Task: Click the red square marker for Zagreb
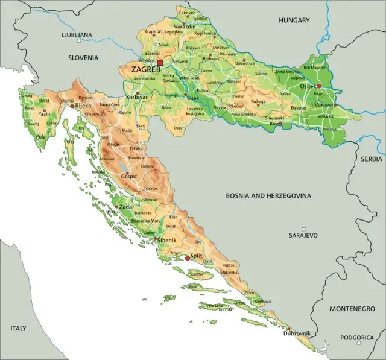[160, 62]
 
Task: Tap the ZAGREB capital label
[145, 69]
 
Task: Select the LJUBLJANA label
[77, 35]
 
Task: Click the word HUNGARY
[294, 21]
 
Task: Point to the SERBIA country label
[372, 159]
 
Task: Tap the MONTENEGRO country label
[352, 308]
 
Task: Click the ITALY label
[18, 329]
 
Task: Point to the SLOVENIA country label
[83, 58]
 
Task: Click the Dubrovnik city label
[298, 333]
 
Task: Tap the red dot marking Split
[188, 257]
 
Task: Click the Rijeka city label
[83, 106]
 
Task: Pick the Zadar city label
[127, 207]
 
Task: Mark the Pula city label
[40, 137]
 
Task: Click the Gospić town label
[129, 177]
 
